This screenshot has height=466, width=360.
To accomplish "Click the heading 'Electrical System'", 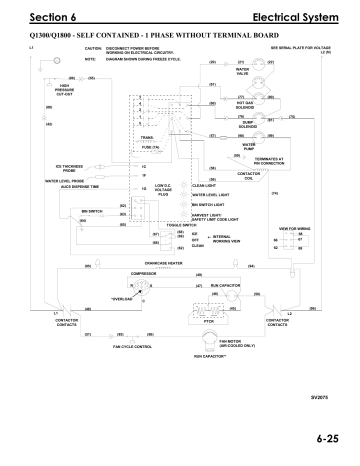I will pyautogui.click(x=299, y=18).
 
